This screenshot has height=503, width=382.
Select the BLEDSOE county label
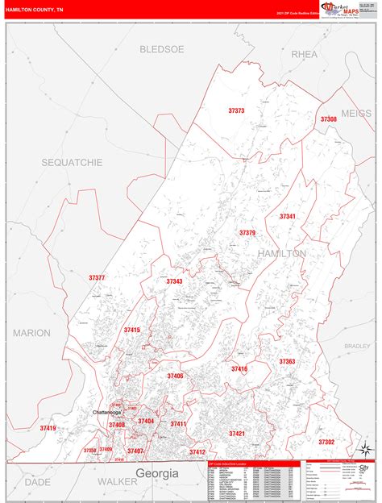coord(162,49)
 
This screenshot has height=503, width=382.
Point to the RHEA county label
coord(304,54)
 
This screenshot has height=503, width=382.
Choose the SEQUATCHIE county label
coord(73,162)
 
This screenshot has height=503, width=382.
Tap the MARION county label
coord(31,332)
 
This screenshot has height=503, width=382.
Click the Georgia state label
coord(156,473)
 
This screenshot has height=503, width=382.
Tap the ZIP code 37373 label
coord(236,110)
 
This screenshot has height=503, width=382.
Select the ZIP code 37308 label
coord(328,118)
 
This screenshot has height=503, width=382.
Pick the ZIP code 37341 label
coord(288,216)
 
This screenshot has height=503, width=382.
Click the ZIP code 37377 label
coord(97,277)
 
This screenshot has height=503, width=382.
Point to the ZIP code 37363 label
coord(287,362)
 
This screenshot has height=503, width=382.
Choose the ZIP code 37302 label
coord(326,442)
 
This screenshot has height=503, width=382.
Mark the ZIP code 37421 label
coord(236,434)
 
